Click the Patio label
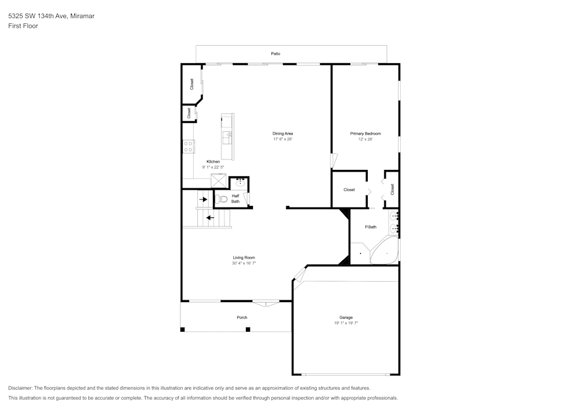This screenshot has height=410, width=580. (275, 53)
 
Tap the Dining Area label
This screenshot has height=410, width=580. (283, 133)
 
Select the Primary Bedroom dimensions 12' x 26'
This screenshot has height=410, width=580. (365, 139)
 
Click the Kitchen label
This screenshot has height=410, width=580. (213, 161)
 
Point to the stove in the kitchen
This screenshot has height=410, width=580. (188, 147)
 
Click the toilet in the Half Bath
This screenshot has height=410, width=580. (222, 199)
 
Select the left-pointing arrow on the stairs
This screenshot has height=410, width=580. (209, 218)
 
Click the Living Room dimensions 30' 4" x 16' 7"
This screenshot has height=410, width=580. (244, 263)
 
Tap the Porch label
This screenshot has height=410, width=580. (242, 317)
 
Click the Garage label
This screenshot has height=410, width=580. (346, 317)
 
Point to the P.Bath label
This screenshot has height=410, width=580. (371, 227)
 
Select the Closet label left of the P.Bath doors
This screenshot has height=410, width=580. (349, 190)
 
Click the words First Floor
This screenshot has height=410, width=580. (23, 26)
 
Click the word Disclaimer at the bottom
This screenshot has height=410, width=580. (20, 388)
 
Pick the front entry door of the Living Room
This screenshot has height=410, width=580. (266, 302)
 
